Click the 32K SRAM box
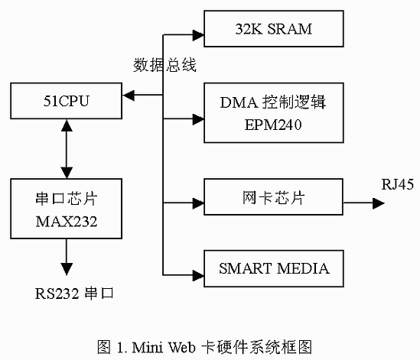(x=274, y=28)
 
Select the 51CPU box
(x=66, y=101)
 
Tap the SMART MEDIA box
(x=274, y=269)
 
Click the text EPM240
(x=273, y=125)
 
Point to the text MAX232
(x=67, y=222)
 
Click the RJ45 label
(x=398, y=184)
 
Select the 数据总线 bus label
(x=164, y=65)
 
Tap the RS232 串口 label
(x=74, y=294)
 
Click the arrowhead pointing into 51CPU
(x=129, y=95)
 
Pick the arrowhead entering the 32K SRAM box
(x=198, y=35)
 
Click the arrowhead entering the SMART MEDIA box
(x=198, y=275)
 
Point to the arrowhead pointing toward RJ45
(x=379, y=203)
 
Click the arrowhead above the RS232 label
(x=67, y=269)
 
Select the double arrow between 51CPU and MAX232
(x=67, y=149)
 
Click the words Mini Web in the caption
(x=164, y=347)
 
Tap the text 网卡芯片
(x=274, y=198)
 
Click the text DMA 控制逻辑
(x=273, y=102)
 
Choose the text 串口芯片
(x=67, y=199)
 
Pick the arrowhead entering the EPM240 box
(x=198, y=119)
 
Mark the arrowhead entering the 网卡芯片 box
(x=198, y=203)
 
